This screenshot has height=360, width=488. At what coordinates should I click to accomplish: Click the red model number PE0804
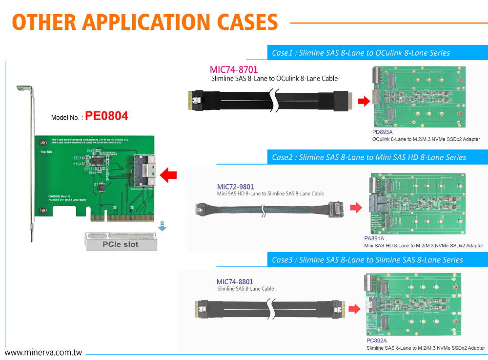point(106,116)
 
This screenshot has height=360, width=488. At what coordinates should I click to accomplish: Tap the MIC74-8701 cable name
point(233,69)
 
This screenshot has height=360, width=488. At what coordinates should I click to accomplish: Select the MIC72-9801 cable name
point(235,187)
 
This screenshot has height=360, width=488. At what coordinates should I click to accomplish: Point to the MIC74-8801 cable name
point(235,282)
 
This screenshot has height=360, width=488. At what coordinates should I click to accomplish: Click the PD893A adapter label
point(383,132)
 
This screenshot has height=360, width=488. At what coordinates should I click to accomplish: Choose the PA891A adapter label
point(374,238)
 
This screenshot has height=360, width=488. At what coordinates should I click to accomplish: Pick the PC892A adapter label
point(376,340)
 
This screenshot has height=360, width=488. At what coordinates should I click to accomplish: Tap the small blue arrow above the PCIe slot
point(163,227)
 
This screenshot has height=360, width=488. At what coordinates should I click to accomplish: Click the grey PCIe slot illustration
point(120,242)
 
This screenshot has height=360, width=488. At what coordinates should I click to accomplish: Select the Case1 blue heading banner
point(376,52)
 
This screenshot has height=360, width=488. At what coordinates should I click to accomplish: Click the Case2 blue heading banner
point(376,157)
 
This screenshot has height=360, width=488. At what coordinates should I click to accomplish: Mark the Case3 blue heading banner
point(376,259)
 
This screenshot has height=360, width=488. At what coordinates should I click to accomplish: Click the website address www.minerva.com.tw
point(43,352)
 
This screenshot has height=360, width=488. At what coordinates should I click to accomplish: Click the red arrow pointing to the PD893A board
point(363,101)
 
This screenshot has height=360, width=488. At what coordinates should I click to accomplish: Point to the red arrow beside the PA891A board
point(357,207)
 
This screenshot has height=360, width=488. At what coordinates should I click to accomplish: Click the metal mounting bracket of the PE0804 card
point(30,161)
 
